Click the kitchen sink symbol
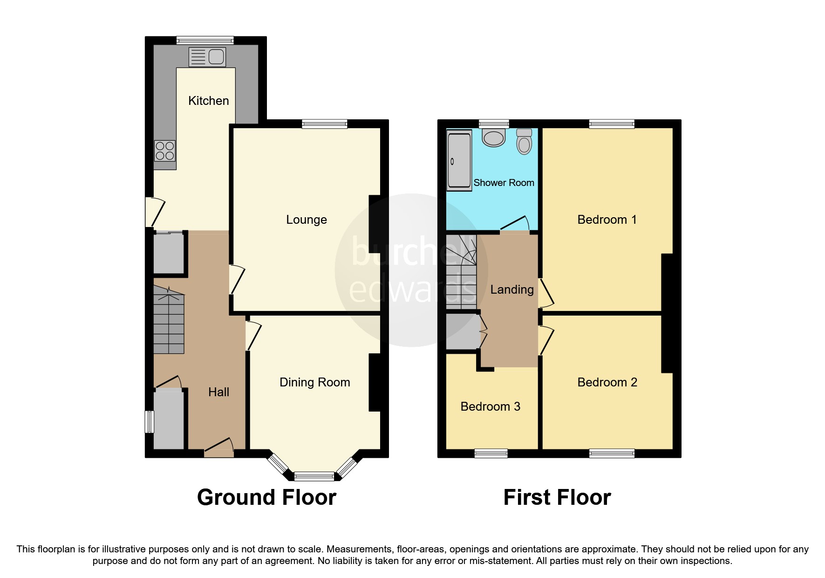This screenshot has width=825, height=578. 207,57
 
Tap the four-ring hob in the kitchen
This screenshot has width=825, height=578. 165,151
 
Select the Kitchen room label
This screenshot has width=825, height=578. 208,101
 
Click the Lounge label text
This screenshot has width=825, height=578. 306,220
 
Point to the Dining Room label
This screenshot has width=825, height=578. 314,382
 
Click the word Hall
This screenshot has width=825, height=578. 218,392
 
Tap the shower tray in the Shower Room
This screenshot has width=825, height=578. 459,161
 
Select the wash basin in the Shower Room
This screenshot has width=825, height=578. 494,138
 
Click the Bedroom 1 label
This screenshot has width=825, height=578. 607,220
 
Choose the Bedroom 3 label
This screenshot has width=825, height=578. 490,406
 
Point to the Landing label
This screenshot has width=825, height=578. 511,289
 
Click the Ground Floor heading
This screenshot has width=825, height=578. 266,497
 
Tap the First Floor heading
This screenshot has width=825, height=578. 557,497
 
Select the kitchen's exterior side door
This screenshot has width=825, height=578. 155,212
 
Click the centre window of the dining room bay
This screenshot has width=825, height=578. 314,476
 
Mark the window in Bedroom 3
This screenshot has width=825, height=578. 491,453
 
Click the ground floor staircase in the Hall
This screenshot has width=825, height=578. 169,322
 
